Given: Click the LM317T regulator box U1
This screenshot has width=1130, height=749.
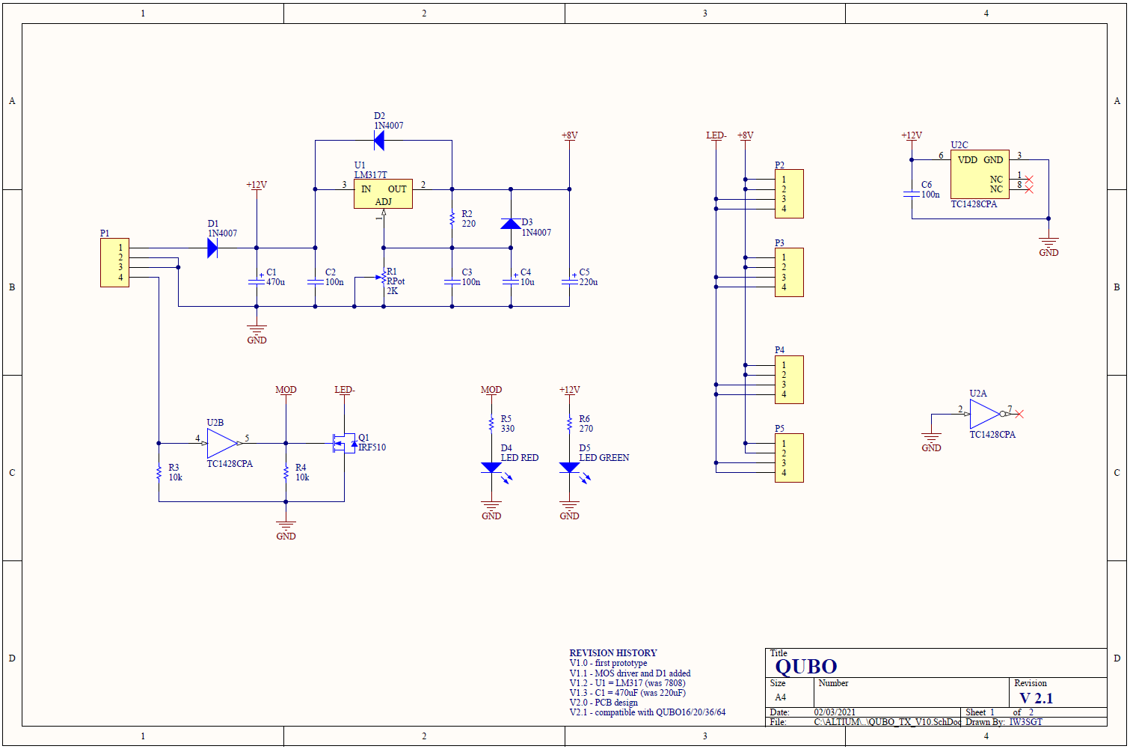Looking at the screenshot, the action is [384, 194].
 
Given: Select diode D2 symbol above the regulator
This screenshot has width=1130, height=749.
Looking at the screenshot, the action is [379, 141].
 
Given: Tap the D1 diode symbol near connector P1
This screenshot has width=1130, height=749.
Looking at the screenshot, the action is [212, 248].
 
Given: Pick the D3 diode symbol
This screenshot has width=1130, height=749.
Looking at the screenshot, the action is [511, 224].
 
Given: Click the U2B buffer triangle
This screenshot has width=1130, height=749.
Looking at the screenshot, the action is [222, 443].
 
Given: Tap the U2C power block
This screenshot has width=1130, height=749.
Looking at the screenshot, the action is [980, 174].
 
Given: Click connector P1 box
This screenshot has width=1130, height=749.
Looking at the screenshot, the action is [114, 263].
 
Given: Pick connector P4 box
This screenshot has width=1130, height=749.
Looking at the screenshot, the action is [789, 379].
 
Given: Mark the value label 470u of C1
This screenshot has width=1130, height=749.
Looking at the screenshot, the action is [275, 282].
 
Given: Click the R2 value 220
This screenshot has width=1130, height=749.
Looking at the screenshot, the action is [469, 224].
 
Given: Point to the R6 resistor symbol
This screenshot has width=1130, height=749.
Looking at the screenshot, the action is [570, 424].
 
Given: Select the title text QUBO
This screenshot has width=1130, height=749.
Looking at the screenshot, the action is [805, 667].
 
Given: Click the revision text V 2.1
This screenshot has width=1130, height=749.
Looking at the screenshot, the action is [1037, 698].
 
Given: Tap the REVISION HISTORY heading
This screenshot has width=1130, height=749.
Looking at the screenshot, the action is [613, 652].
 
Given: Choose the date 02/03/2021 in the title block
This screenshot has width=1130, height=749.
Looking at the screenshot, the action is [835, 712].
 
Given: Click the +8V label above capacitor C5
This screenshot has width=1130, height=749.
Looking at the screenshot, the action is [570, 135].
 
